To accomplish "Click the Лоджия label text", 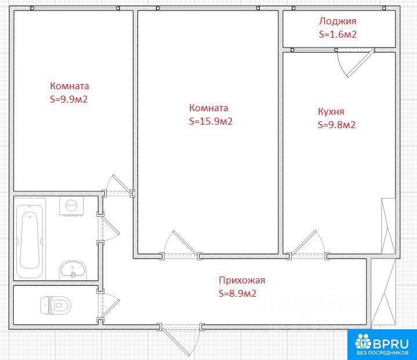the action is (x=338, y=21).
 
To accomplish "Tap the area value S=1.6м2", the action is (x=338, y=34).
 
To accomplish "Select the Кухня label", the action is (x=331, y=111).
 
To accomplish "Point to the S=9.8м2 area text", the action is (x=337, y=125).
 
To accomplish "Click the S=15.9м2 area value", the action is (x=211, y=121).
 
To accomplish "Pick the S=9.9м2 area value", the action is (x=68, y=99).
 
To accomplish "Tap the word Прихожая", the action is (x=242, y=280).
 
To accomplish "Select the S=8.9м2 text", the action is (x=237, y=293).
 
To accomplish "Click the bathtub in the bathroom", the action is (x=30, y=241).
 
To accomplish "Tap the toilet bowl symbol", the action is (x=56, y=306).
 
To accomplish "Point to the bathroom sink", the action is (x=73, y=270).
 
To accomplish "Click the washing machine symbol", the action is (x=71, y=206).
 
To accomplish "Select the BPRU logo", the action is (x=382, y=344).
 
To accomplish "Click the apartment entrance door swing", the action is (x=180, y=341).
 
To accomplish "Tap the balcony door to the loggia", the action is (x=356, y=63).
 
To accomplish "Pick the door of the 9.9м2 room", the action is (x=118, y=184).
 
